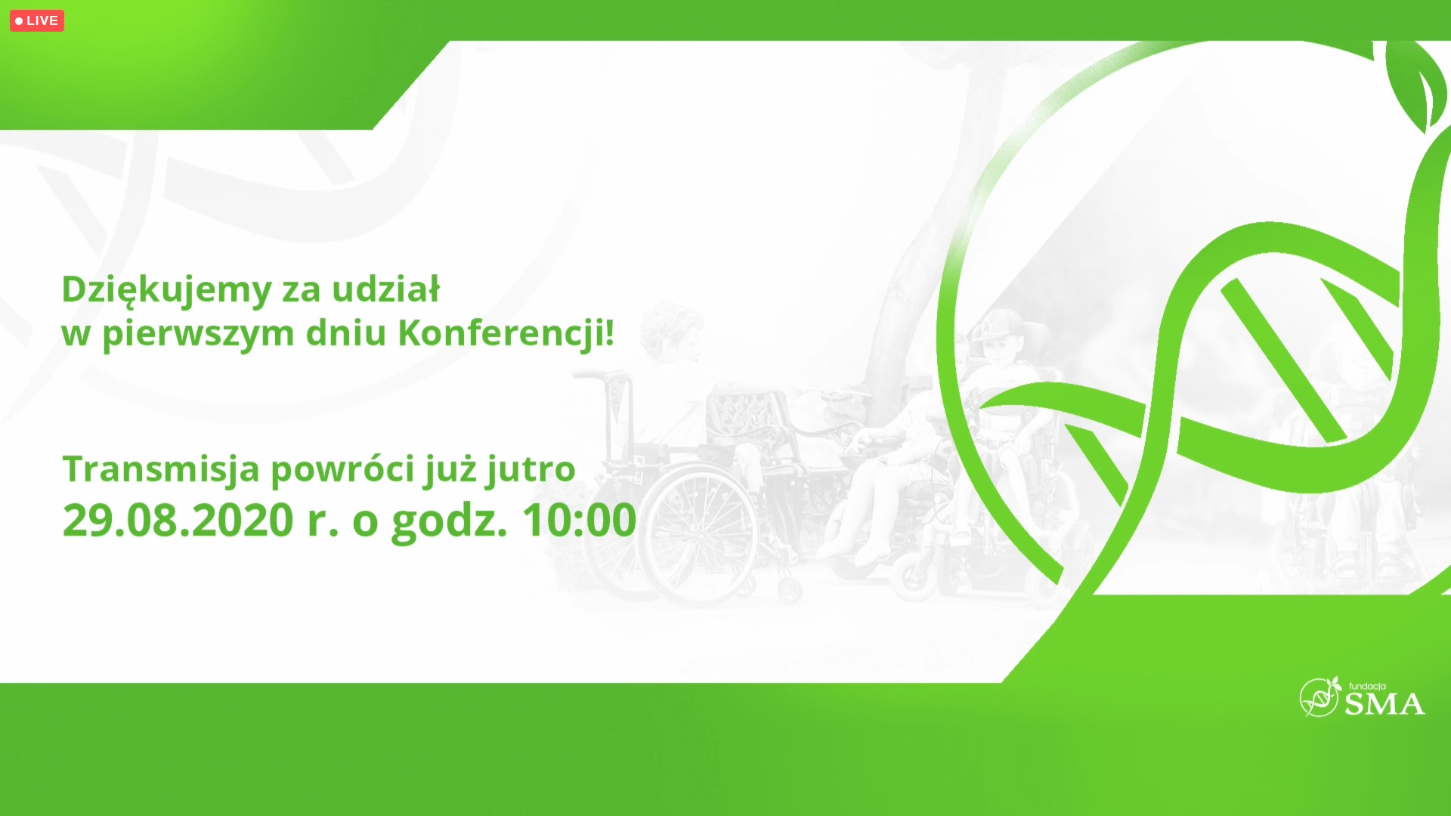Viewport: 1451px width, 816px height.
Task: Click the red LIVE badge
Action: pos(36,20)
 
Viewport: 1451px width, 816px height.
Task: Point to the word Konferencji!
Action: pos(506,333)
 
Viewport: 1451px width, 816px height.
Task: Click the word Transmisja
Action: pos(161,470)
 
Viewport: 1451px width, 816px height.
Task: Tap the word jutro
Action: pos(531,470)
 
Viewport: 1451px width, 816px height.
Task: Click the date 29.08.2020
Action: pos(178,521)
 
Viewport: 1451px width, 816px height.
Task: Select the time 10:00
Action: pos(579,521)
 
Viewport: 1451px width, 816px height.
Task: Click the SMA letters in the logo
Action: pos(1384,704)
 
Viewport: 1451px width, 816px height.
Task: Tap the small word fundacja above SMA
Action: pos(1367,687)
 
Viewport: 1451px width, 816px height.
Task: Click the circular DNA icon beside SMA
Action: pos(1320,697)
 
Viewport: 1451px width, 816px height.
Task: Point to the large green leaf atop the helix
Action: pos(1415,83)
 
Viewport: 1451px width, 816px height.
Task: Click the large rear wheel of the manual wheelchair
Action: pos(698,533)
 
